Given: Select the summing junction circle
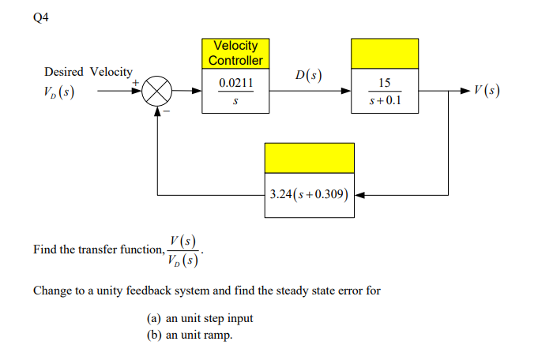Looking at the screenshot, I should pyautogui.click(x=157, y=92).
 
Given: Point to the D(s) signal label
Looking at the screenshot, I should pyautogui.click(x=308, y=76).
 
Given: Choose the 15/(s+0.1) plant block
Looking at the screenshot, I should pyautogui.click(x=385, y=92).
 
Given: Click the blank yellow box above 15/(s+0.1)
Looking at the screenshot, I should pyautogui.click(x=385, y=53).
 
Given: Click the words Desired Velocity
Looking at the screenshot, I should pyautogui.click(x=88, y=72).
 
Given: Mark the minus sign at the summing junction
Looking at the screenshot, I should pyautogui.click(x=167, y=111).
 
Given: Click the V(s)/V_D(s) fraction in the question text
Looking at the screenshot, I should pyautogui.click(x=184, y=249).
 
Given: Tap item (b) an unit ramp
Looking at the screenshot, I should pyautogui.click(x=190, y=336).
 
